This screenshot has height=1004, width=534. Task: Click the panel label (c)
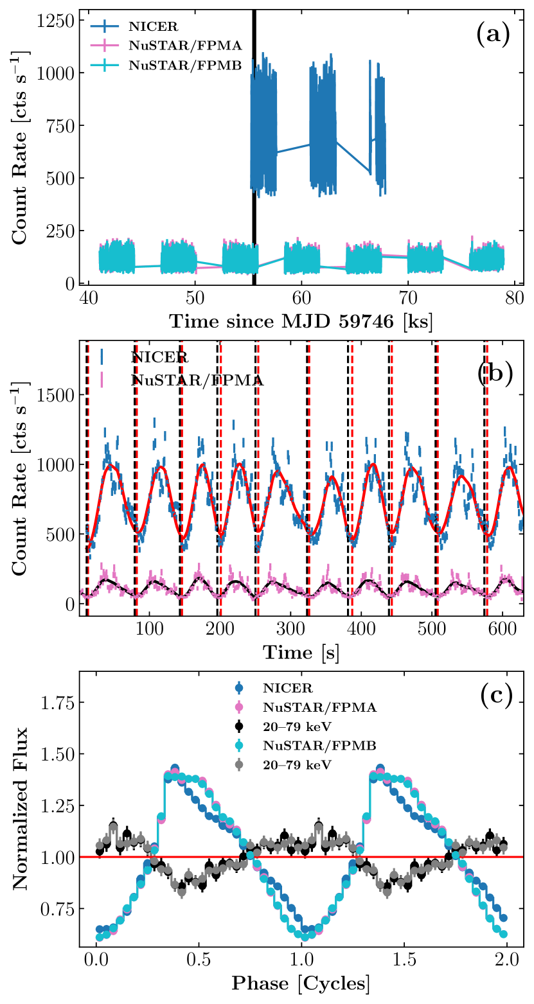(x=495, y=696)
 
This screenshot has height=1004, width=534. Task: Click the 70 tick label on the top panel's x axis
(x=407, y=299)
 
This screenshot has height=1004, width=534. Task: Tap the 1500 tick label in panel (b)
(x=55, y=394)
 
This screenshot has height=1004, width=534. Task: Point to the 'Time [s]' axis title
(x=301, y=652)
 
